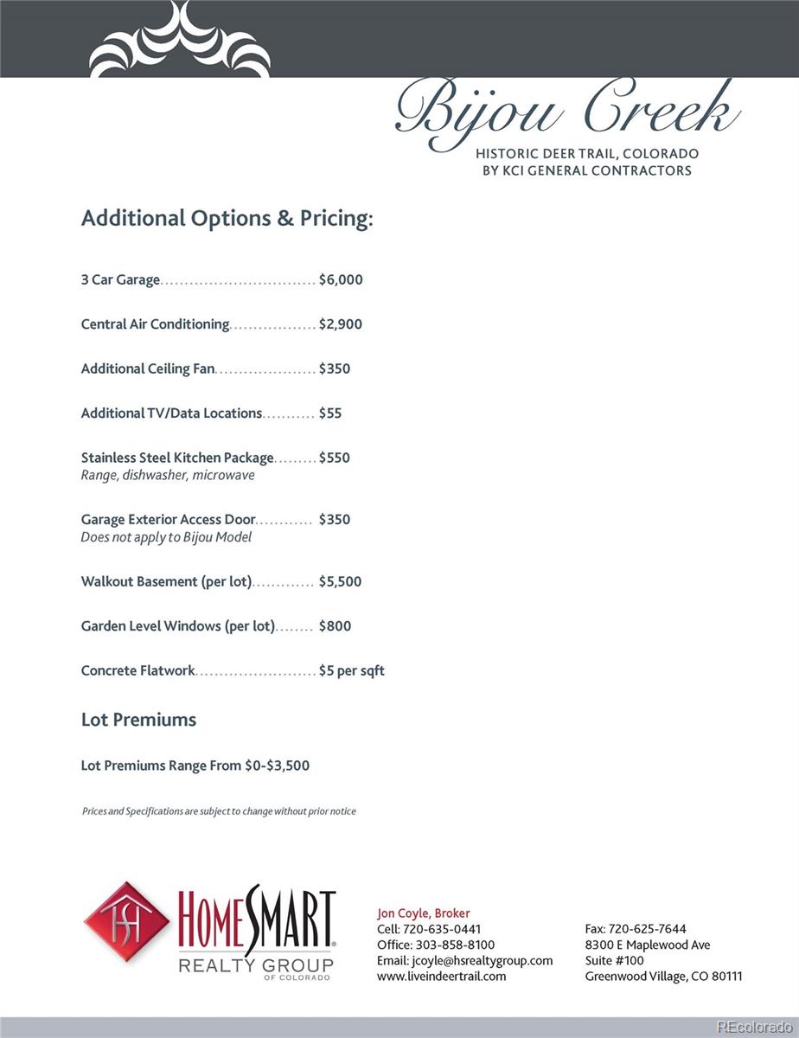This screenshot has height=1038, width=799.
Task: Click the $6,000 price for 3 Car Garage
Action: click(341, 280)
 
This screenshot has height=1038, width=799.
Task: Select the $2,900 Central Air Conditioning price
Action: click(341, 324)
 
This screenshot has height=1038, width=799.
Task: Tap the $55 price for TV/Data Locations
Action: click(330, 413)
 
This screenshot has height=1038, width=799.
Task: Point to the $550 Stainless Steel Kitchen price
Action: click(335, 458)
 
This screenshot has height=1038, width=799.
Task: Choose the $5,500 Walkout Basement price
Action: click(340, 582)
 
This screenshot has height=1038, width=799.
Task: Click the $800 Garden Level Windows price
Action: click(335, 626)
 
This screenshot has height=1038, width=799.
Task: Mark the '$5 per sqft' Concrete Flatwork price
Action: click(352, 670)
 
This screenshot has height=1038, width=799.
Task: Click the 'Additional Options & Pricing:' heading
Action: click(227, 218)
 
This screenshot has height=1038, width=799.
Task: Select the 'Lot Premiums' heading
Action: click(138, 720)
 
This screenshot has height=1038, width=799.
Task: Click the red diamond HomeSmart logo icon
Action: click(126, 922)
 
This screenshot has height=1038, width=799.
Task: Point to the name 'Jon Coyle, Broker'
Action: click(424, 913)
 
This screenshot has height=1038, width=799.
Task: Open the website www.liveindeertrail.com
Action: click(442, 977)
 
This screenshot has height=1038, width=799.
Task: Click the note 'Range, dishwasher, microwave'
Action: click(168, 476)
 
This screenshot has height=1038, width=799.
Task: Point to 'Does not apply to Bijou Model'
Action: click(166, 537)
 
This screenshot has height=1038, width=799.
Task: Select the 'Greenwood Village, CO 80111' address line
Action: click(663, 977)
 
